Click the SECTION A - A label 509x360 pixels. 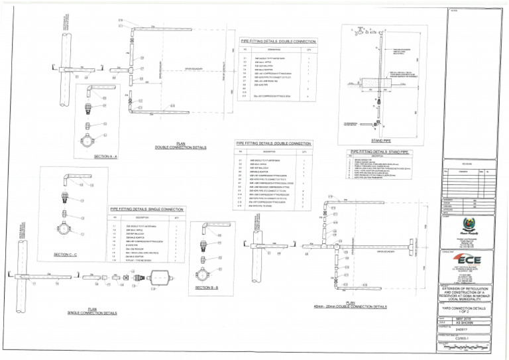tap(106, 156)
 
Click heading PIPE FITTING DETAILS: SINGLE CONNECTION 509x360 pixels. tap(147, 210)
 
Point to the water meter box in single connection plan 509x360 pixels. tap(157, 278)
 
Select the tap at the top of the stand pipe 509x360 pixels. tap(363, 30)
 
